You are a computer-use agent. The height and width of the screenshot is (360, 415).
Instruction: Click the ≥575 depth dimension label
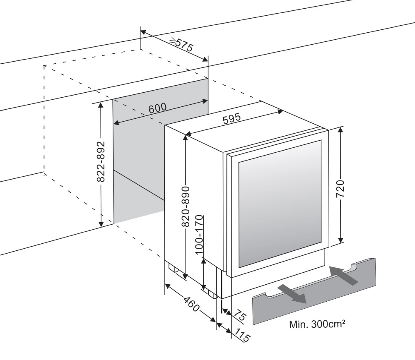pyautogui.click(x=181, y=44)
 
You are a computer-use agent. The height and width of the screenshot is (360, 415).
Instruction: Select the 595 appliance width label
pyautogui.click(x=232, y=118)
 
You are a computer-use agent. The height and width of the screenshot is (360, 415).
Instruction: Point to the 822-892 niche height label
pyautogui.click(x=101, y=162)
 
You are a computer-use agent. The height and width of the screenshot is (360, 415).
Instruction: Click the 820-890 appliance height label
pyautogui.click(x=186, y=206)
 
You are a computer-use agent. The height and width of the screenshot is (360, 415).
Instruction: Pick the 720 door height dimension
pyautogui.click(x=340, y=189)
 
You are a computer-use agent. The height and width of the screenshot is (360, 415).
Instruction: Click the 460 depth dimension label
pyautogui.click(x=191, y=304)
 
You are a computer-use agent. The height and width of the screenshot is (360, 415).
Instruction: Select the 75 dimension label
pyautogui.click(x=240, y=316)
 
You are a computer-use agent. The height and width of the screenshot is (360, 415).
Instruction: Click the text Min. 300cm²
pyautogui.click(x=317, y=324)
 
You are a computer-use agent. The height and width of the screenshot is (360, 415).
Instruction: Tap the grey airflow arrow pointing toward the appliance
pyautogui.click(x=343, y=276)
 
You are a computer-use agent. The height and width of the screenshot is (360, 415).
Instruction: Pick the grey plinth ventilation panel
pyautogui.click(x=314, y=291)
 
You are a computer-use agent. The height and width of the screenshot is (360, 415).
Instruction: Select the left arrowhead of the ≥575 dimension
pyautogui.click(x=143, y=32)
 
